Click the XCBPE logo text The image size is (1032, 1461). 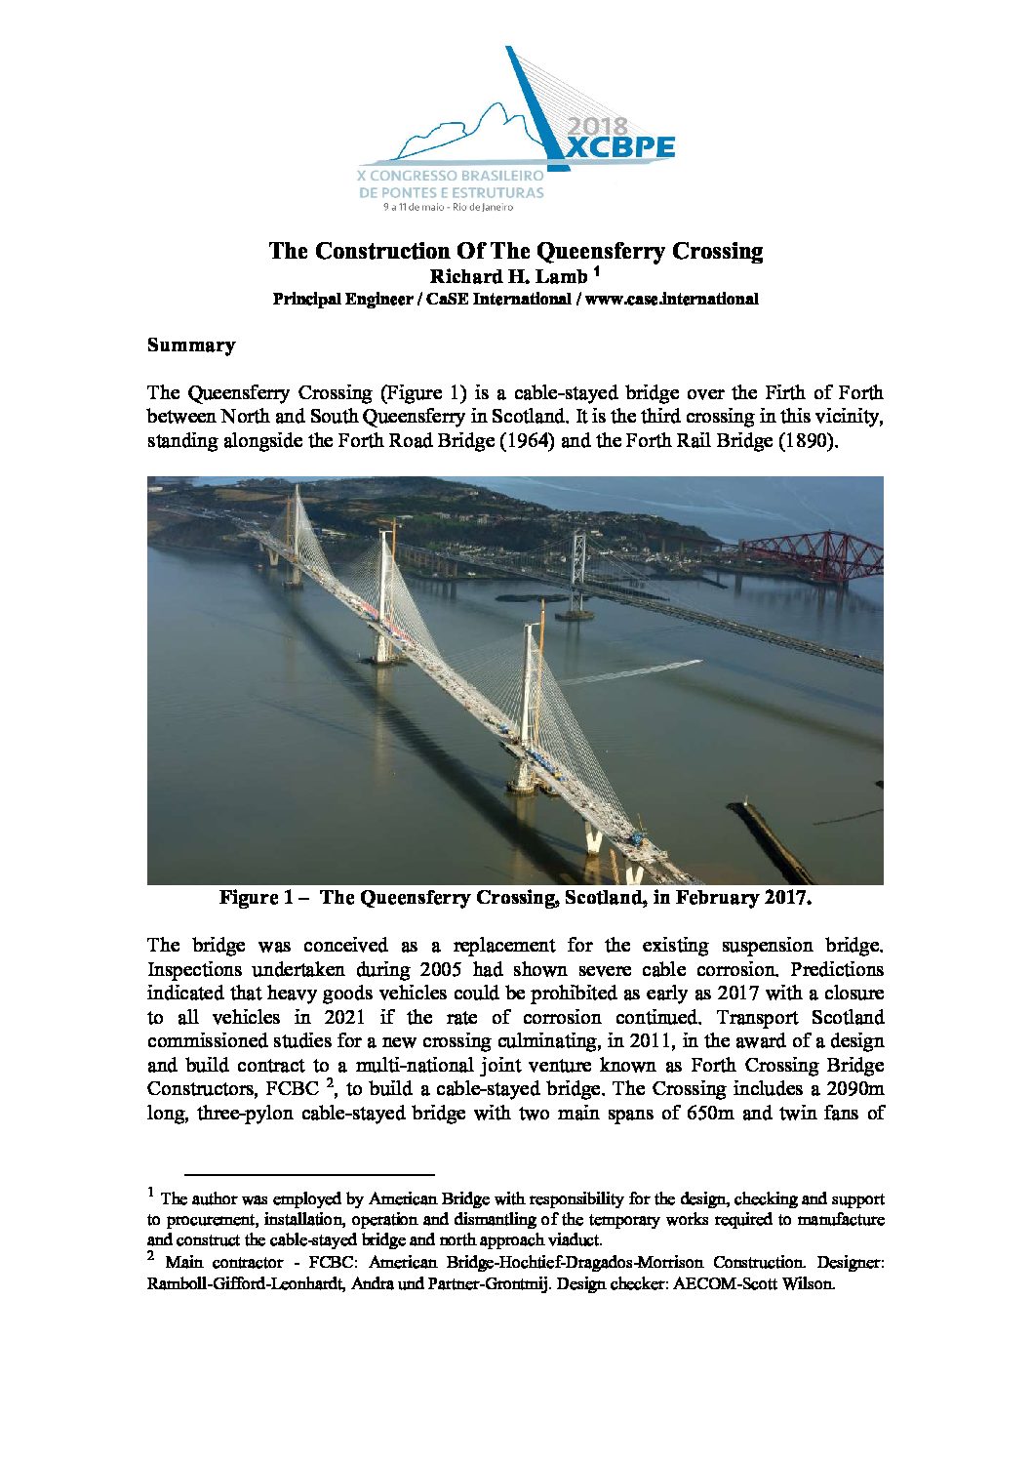621,147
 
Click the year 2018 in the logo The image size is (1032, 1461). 597,127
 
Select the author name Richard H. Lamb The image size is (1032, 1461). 509,276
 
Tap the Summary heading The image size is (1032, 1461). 191,345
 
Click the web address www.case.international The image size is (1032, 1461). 671,300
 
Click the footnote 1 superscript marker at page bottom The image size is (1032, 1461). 151,1193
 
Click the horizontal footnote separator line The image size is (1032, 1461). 309,1174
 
